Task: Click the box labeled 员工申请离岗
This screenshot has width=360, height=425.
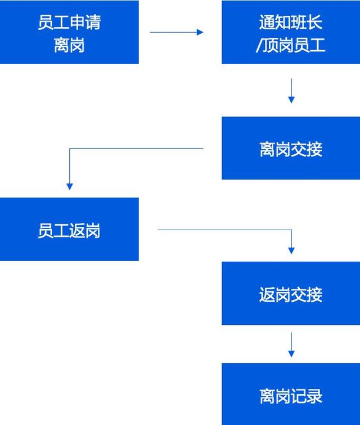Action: coord(69,33)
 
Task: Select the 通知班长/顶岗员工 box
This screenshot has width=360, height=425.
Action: coord(291,33)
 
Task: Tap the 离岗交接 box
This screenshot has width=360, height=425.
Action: coord(291,149)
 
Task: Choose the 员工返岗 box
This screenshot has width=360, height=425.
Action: coord(69,230)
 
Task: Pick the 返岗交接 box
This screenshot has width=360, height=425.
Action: coord(291,294)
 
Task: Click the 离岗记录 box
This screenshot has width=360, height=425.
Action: coord(291,395)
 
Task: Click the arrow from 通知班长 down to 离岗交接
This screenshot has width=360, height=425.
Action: coord(291,91)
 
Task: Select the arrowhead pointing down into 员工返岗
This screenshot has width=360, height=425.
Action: coord(70,186)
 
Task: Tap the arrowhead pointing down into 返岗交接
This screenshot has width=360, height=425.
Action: coord(291,250)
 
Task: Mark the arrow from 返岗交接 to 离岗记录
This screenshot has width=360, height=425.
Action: coord(291,345)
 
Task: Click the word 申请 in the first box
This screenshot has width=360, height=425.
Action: coord(85,23)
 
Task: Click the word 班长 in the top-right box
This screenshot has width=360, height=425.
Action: coord(307,23)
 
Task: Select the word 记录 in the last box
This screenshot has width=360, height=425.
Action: coord(307,395)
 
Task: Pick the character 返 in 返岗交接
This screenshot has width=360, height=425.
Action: coord(267,294)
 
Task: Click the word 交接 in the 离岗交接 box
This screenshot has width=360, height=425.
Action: coord(307,149)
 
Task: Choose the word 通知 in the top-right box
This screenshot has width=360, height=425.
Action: coord(275,23)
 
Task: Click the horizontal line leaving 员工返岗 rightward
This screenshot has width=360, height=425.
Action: coord(225,230)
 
